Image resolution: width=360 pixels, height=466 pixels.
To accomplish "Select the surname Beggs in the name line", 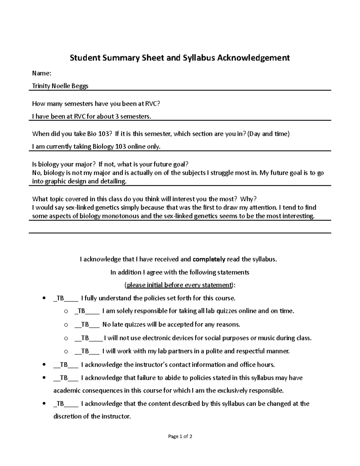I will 80,86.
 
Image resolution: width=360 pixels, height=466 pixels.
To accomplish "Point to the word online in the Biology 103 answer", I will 136,147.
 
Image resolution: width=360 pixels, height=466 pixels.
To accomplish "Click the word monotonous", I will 121,216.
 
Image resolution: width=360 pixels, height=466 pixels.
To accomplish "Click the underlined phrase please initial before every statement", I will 179,285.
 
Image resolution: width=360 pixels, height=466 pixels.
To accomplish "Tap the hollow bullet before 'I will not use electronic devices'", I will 66,338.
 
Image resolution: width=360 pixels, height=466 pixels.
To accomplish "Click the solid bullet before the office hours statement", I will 44,365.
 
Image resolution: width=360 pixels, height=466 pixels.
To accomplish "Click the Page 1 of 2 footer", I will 180,437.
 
